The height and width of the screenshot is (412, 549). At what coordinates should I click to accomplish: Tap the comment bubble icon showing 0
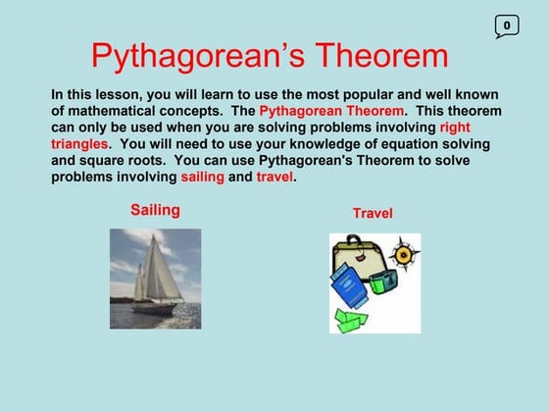click(506, 26)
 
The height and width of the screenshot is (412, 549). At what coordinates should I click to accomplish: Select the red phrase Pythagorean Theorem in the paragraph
click(331, 111)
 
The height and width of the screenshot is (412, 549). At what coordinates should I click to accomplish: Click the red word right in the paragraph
click(455, 128)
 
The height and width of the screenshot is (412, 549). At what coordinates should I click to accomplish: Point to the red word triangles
click(79, 144)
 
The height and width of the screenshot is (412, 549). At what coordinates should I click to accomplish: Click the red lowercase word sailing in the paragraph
click(202, 178)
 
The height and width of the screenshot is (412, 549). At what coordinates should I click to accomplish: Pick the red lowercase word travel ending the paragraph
click(274, 178)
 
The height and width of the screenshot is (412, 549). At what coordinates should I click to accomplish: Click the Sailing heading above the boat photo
click(155, 210)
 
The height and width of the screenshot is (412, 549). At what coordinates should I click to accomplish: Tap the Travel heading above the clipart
click(373, 213)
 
